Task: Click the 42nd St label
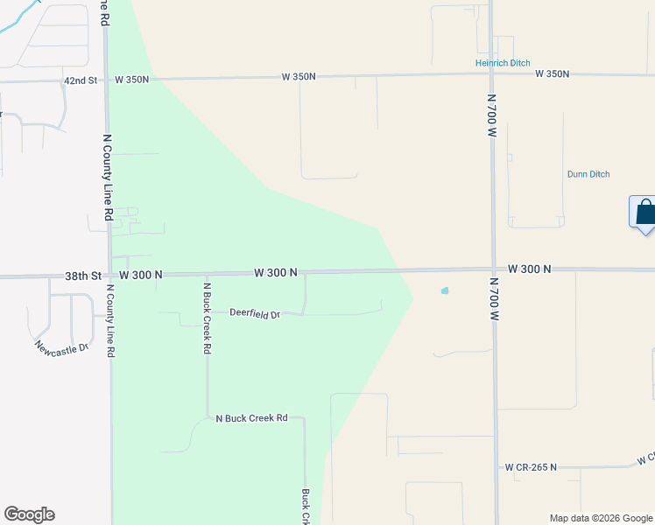pos(81,80)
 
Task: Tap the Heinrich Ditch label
pos(503,63)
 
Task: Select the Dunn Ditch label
pos(588,174)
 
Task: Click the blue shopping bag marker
pos(644,213)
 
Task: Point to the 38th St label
pos(83,275)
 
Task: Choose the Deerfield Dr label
pos(255,313)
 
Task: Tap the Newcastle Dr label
pos(62,348)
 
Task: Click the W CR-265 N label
pos(531,467)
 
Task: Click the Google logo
pos(29,514)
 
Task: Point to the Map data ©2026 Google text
pos(601,518)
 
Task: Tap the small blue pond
pos(445,290)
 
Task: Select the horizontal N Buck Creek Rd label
pos(251,418)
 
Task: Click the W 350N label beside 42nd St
pos(132,79)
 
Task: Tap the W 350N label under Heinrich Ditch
pos(553,73)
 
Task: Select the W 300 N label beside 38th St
pos(141,275)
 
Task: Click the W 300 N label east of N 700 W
pos(529,269)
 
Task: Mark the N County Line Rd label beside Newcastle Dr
pos(111,320)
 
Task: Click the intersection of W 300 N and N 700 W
pos(494,269)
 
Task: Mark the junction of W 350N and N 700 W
pos(492,74)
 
